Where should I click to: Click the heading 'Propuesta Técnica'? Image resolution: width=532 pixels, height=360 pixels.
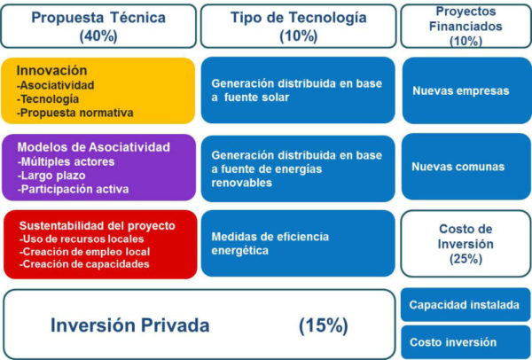(98, 18)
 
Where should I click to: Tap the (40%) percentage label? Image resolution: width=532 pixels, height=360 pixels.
(98, 36)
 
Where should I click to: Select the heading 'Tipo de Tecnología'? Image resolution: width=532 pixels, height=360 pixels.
(299, 18)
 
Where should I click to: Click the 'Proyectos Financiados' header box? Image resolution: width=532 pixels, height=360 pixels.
(465, 26)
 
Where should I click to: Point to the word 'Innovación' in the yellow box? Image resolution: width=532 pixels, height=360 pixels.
(51, 70)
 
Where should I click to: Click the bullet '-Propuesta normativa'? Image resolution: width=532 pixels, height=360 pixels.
(75, 113)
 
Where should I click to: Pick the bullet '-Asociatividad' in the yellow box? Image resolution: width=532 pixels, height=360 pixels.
(55, 85)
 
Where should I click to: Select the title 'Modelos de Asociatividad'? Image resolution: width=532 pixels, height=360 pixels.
(94, 147)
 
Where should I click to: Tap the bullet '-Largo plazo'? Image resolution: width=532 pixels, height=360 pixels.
(51, 176)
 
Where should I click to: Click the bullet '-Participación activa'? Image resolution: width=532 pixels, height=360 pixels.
(73, 189)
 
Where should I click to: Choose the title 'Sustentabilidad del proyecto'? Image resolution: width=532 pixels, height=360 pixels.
(98, 225)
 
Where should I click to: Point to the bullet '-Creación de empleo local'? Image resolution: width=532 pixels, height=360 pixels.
(84, 252)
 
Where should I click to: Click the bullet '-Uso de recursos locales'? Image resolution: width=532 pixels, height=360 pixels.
(82, 239)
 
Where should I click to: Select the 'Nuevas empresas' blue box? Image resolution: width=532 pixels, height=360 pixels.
(467, 90)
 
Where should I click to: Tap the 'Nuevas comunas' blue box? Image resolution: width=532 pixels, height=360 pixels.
(466, 167)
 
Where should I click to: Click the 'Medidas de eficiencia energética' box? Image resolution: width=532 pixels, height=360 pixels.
(298, 243)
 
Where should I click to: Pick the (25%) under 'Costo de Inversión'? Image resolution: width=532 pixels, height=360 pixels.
(465, 259)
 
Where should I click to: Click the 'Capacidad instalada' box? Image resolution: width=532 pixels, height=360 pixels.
(465, 305)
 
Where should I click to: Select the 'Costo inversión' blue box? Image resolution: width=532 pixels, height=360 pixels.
(465, 342)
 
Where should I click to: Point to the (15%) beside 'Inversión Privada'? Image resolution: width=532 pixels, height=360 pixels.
(324, 325)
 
